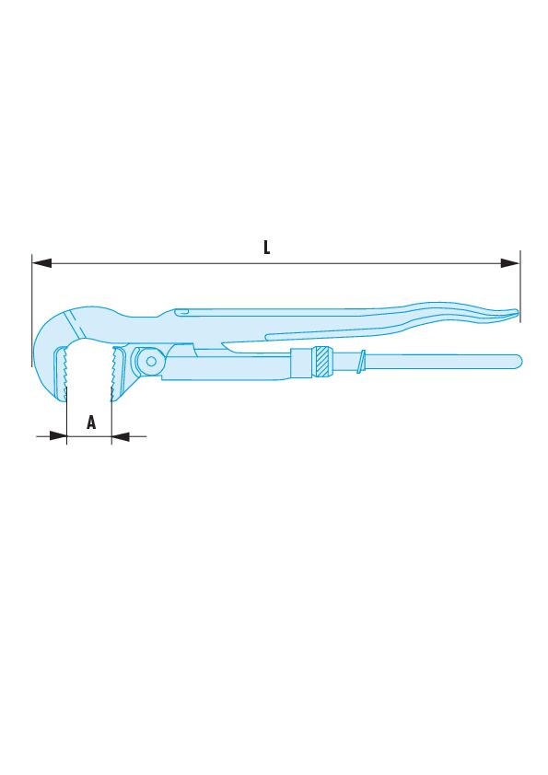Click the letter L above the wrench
[266, 248]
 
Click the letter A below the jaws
[91, 422]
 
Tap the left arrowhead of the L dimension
[41, 263]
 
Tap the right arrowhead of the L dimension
[510, 263]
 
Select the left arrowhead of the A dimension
[58, 436]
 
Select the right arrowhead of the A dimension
[120, 436]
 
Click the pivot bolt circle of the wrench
[151, 362]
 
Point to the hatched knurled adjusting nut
[322, 363]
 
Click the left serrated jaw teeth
[64, 374]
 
